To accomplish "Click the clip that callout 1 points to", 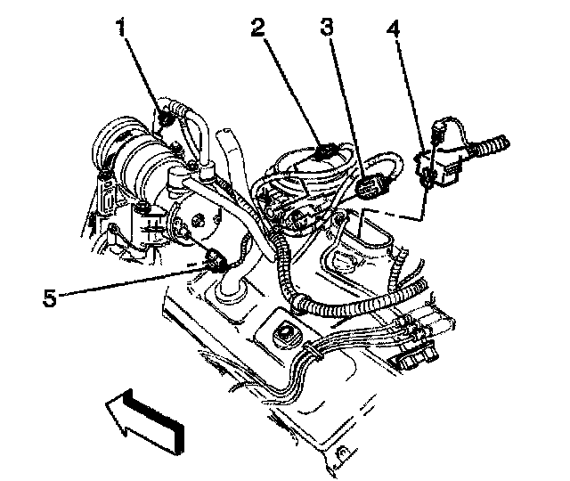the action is coord(166,115).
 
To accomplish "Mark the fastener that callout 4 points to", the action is coord(428,182).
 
